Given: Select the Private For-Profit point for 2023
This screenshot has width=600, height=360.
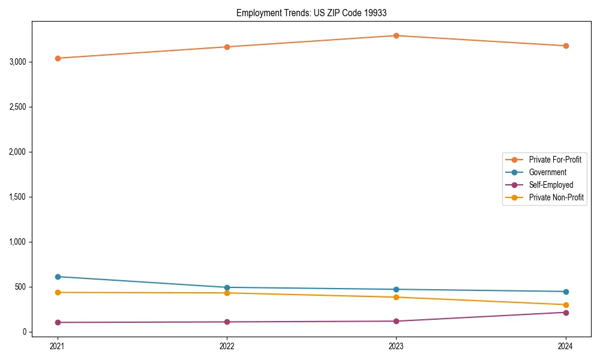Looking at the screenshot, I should click(397, 35).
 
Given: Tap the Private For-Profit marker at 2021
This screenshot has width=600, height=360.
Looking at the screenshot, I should click(58, 58).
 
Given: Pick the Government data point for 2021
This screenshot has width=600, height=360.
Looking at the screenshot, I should click(58, 277).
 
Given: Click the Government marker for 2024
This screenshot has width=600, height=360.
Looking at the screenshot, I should click(566, 292).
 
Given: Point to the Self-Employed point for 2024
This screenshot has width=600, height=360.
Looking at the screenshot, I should click(566, 313).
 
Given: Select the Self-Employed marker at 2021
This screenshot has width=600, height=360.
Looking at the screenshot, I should click(58, 322).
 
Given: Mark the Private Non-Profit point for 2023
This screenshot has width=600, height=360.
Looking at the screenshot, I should click(397, 297).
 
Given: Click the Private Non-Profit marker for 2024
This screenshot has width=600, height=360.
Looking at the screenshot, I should click(566, 305).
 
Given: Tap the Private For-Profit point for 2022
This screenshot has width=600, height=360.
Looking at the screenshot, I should click(227, 47).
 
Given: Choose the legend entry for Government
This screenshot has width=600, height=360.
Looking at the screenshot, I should click(547, 172).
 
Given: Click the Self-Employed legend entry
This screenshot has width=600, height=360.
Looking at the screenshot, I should click(551, 185).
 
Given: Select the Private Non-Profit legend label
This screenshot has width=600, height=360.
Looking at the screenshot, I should click(556, 197).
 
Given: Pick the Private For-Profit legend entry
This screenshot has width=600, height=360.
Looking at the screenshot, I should click(555, 160).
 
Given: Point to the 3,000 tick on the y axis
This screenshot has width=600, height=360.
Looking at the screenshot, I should click(17, 62).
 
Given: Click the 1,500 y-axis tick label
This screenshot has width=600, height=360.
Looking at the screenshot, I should click(17, 197).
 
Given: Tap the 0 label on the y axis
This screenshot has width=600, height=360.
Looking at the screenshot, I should click(25, 332).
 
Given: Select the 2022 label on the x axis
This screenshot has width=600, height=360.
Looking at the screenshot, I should click(227, 346).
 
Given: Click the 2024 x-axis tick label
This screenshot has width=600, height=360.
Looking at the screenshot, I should click(566, 346).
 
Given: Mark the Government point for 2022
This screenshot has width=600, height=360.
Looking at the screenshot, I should click(227, 287).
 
